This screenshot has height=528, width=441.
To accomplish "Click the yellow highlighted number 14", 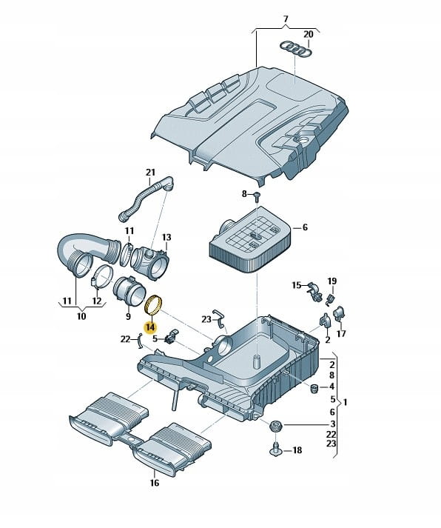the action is pos(150,327).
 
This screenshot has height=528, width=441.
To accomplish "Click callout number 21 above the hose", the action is pos(150,172).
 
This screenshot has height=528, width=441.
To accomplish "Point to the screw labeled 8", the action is pos(257,196).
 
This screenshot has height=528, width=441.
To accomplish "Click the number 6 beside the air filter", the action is pos(305,227).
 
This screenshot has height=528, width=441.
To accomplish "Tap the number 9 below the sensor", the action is pos(128,316).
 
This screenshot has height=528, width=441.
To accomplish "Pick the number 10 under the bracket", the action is pos(81,316).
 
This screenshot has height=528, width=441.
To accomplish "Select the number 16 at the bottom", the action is pos(154,483).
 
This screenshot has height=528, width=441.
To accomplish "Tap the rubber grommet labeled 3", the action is pos(277,427).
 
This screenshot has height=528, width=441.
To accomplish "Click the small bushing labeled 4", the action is pos(314,388).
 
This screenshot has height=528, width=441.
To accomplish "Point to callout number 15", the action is pos(297,285).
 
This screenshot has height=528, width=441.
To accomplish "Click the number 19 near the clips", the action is pos(332,281).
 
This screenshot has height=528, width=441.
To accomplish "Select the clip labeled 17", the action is pos(340,314).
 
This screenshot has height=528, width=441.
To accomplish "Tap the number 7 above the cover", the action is pos(286,19).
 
